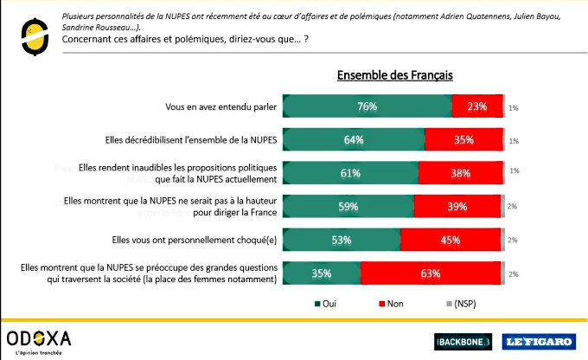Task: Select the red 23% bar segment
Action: point(476,107)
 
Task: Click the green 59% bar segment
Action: point(348,206)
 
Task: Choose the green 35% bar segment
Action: point(322,273)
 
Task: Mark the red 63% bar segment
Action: point(430,273)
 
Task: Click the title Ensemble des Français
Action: point(394,75)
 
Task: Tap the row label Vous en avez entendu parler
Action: point(220,107)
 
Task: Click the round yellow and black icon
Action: point(32,31)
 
